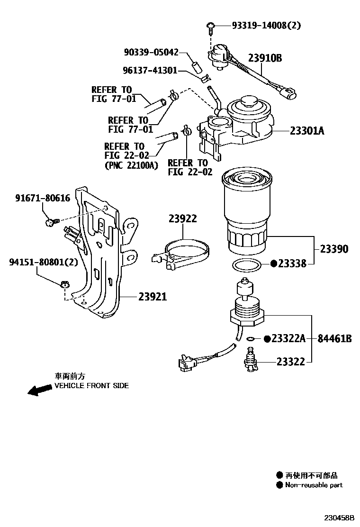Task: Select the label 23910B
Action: (265, 58)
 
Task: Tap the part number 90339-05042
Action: (151, 52)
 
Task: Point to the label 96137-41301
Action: (150, 70)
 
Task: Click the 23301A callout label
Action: (307, 130)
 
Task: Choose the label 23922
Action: (182, 218)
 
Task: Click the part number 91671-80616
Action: (42, 199)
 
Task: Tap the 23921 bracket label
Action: (153, 297)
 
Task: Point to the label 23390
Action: (333, 249)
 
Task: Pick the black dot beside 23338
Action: (273, 263)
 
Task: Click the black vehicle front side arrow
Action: (39, 390)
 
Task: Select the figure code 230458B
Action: (339, 518)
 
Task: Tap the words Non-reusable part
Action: (314, 485)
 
